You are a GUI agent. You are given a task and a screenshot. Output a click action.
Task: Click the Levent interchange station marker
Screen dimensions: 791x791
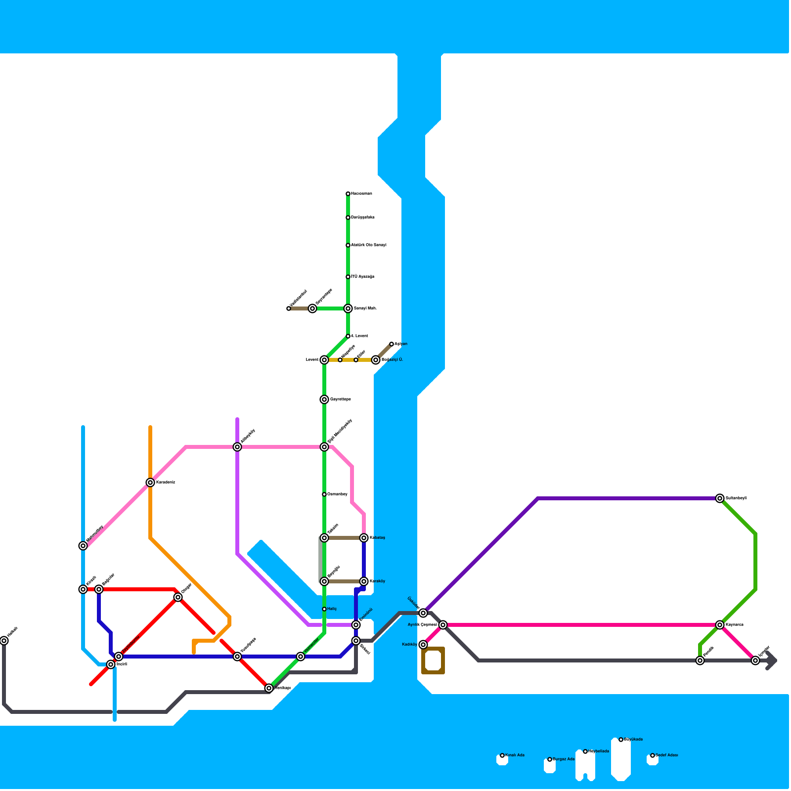(x=324, y=360)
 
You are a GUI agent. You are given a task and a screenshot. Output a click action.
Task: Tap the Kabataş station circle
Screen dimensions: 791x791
(x=364, y=538)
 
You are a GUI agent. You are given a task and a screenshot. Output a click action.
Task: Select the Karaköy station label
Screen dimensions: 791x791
(x=377, y=581)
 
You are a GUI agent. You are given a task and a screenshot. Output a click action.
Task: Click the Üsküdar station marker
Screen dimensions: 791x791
(x=423, y=613)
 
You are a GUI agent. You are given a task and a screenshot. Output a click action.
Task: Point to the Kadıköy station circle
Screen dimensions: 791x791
(x=423, y=645)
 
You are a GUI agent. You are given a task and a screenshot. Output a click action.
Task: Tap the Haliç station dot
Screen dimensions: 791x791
(x=324, y=609)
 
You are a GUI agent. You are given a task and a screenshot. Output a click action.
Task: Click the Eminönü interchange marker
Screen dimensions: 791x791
(x=356, y=625)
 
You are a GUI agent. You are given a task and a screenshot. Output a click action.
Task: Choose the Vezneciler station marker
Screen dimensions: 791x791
(x=301, y=657)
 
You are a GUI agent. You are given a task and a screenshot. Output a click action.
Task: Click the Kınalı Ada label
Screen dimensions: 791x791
(x=515, y=755)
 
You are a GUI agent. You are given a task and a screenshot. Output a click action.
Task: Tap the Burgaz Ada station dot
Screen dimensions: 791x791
(x=550, y=759)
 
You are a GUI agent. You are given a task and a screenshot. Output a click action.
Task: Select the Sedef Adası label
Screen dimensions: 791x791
(x=667, y=755)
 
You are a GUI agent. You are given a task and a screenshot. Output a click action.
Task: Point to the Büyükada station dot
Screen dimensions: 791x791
(x=621, y=740)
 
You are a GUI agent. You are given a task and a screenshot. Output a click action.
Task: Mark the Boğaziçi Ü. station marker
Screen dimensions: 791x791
(x=376, y=360)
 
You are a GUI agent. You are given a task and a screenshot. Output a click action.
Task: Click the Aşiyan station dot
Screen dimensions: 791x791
(x=392, y=344)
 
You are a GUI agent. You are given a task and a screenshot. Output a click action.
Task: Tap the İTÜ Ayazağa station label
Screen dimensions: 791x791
(x=362, y=277)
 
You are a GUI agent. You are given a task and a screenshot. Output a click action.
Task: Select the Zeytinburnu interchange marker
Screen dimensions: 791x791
(x=119, y=657)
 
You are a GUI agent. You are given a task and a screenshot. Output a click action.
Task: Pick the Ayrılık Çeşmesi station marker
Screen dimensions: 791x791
(x=443, y=625)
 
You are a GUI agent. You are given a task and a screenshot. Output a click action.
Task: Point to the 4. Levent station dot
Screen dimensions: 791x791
(x=348, y=336)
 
